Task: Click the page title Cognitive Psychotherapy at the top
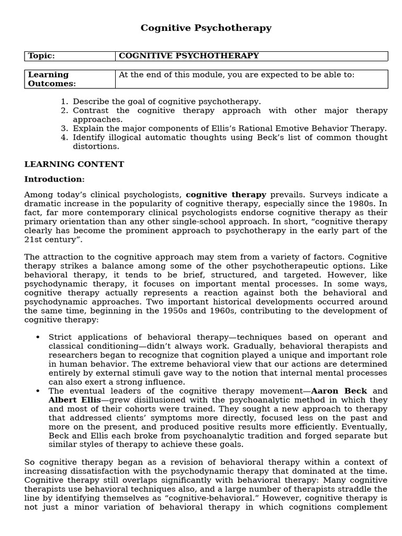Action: tap(206, 28)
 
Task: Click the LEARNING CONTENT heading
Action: tap(74, 164)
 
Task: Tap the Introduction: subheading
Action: tap(54, 180)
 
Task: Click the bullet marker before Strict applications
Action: tap(38, 337)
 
